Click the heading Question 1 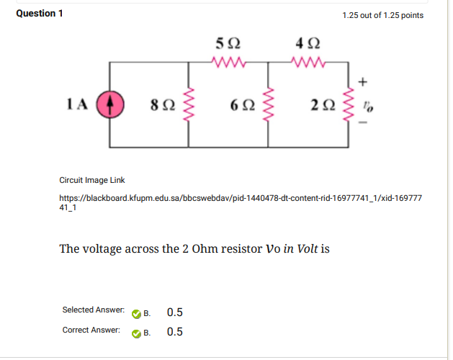[x=39, y=14]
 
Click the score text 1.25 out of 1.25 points [x=383, y=15]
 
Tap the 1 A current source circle [x=110, y=104]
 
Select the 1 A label [x=77, y=104]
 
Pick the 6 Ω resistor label [x=242, y=105]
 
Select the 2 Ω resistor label [x=323, y=105]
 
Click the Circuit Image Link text [x=91, y=180]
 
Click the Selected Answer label [x=93, y=310]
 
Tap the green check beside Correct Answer [x=136, y=333]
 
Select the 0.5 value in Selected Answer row [x=174, y=312]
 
